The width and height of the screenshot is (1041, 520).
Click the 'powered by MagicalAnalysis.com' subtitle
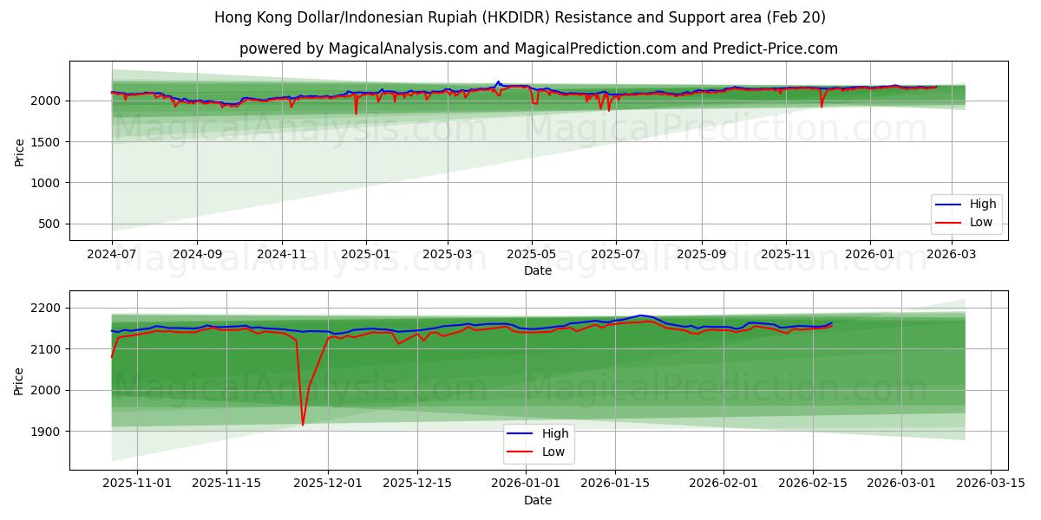click(x=538, y=49)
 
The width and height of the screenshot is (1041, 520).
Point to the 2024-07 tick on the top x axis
click(x=112, y=255)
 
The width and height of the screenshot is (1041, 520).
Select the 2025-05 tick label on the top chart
click(x=532, y=255)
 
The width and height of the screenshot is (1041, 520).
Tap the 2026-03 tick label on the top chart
click(x=953, y=255)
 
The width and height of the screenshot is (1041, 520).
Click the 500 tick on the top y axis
click(x=49, y=224)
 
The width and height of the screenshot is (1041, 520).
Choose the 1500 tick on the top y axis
click(x=45, y=142)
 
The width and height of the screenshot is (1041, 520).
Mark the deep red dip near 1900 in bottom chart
click(x=303, y=425)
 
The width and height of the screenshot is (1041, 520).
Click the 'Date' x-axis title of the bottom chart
click(x=538, y=500)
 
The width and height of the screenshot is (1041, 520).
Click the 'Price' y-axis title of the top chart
click(x=19, y=152)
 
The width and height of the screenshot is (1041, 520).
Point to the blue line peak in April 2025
click(x=498, y=81)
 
